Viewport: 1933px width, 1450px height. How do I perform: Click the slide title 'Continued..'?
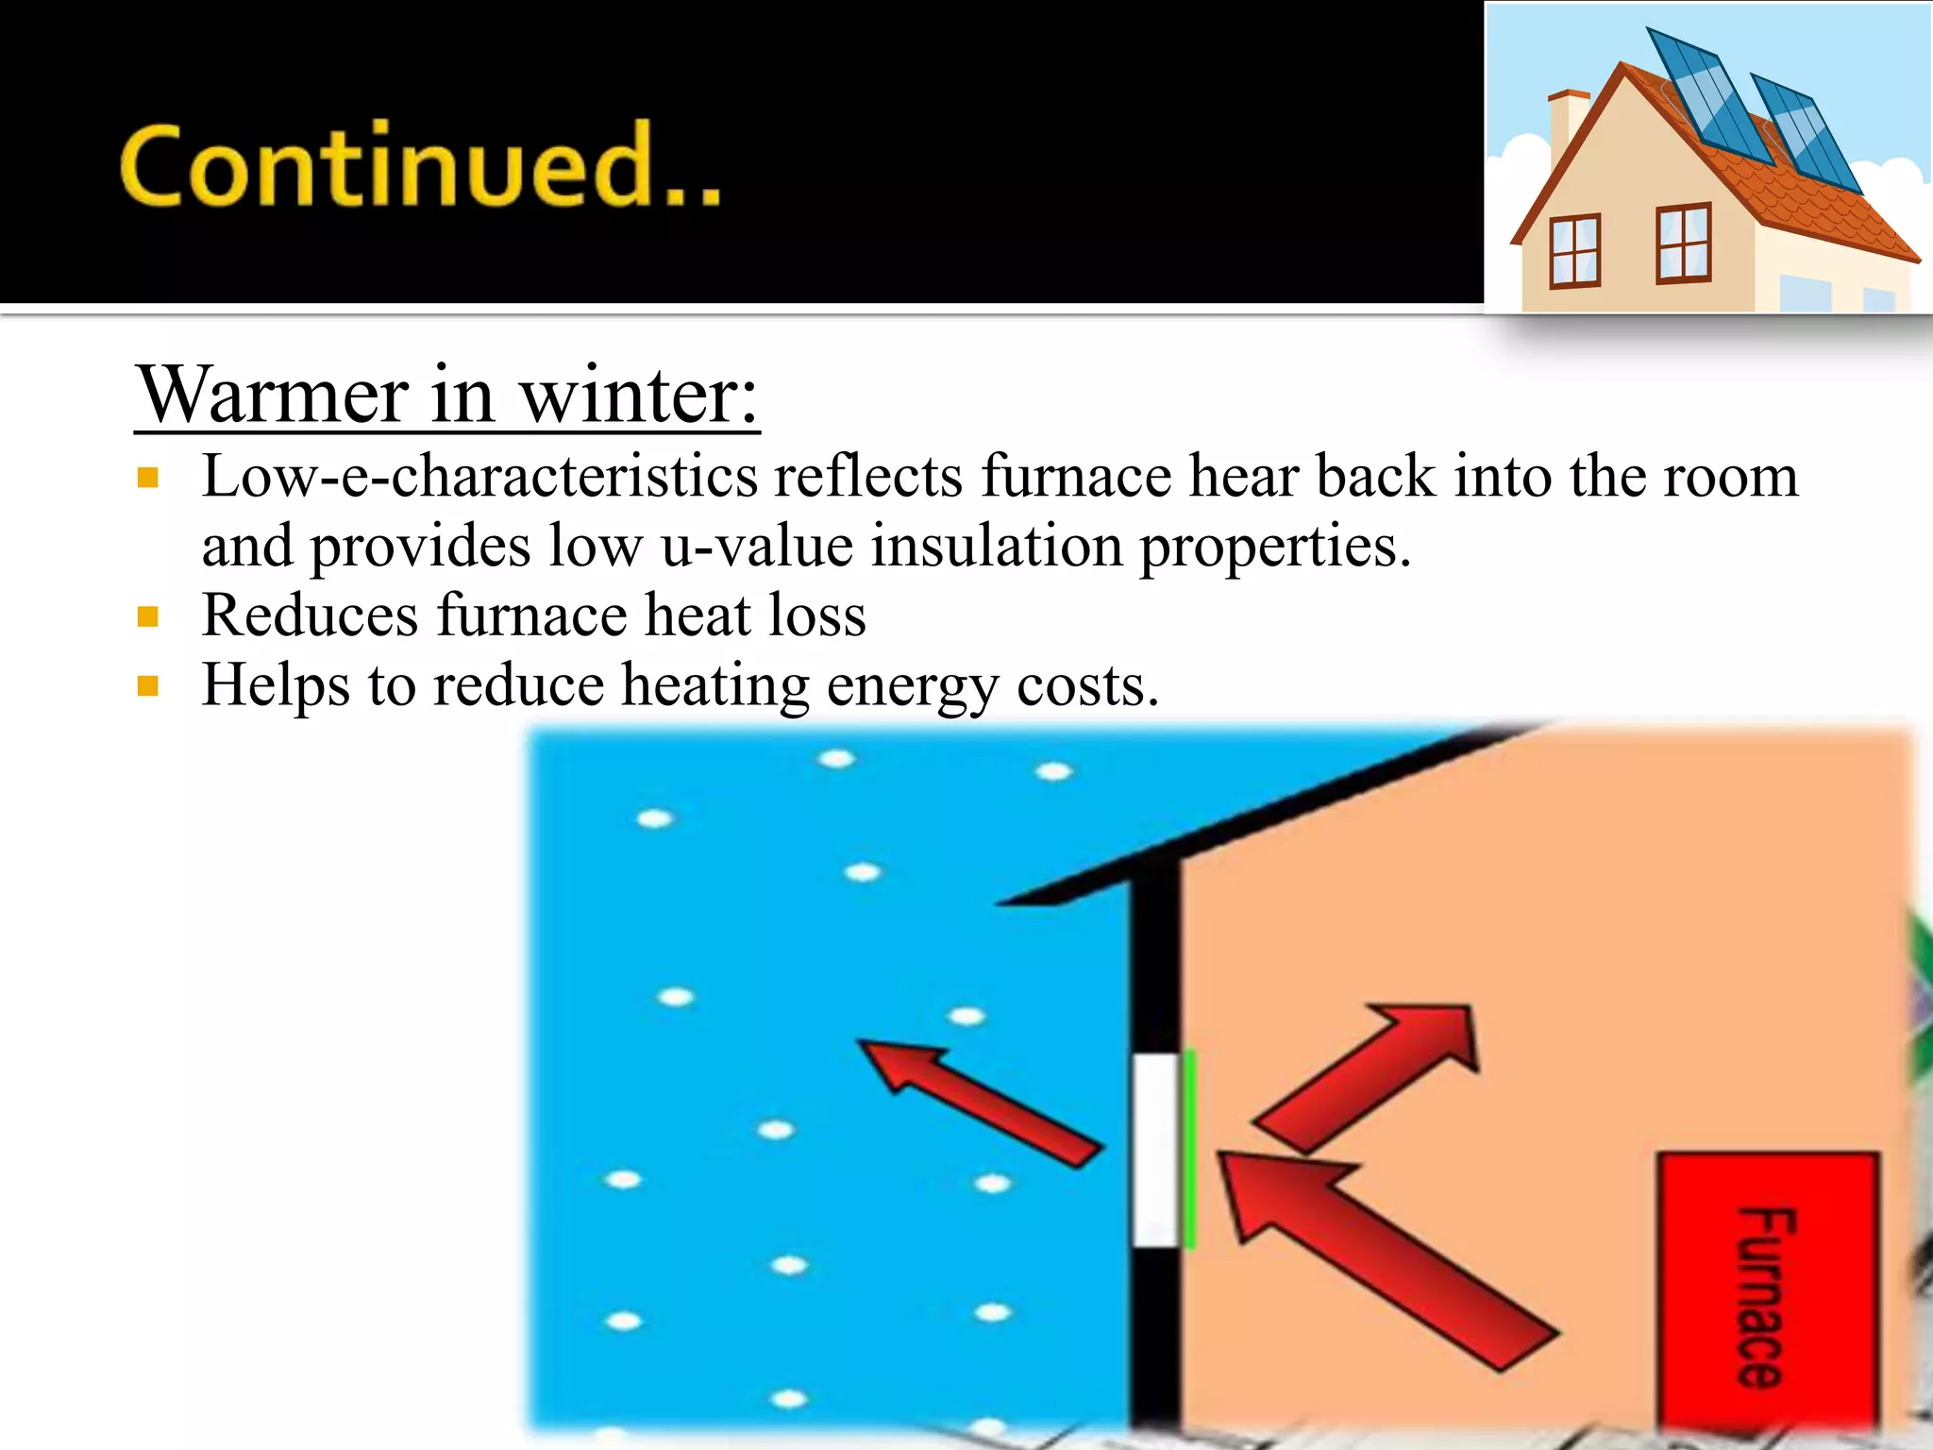(x=420, y=165)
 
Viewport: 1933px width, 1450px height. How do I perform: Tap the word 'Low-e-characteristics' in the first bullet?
(x=480, y=476)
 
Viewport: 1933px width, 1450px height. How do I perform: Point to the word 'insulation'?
(x=996, y=546)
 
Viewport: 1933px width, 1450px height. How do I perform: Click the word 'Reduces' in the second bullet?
(x=311, y=615)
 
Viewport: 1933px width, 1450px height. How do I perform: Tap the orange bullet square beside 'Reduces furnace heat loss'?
(x=147, y=617)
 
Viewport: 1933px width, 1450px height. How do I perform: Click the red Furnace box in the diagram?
(x=1768, y=1293)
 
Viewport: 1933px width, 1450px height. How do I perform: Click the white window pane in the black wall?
(x=1155, y=1150)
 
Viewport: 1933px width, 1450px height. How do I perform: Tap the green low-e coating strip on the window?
(x=1189, y=1150)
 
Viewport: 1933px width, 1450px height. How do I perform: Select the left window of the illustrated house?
(x=1574, y=251)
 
